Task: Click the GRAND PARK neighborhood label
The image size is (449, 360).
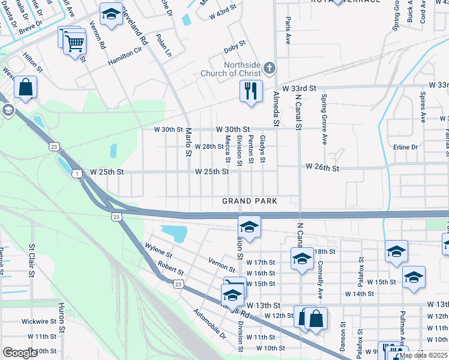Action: [x=250, y=201]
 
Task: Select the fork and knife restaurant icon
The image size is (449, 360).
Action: [x=250, y=91]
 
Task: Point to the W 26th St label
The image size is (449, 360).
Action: [x=322, y=167]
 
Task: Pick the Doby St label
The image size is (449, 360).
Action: [x=234, y=44]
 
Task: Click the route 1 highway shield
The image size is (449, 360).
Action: [x=77, y=173]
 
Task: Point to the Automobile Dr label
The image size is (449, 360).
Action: [x=210, y=323]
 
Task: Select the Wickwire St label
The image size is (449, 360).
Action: [x=39, y=322]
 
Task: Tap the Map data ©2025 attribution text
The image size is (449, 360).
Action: [x=423, y=355]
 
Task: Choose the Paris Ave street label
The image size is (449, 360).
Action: [x=288, y=31]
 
